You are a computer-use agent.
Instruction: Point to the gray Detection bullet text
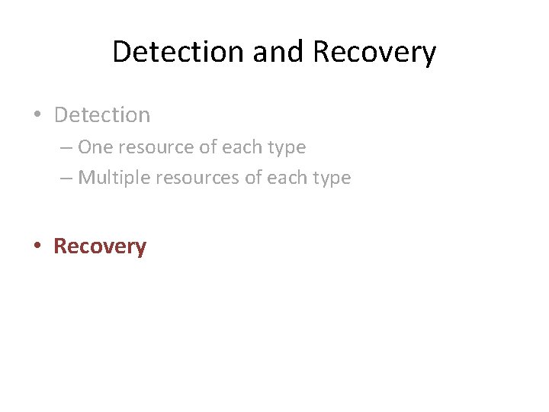[x=102, y=115]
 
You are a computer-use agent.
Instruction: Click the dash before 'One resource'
[x=66, y=147]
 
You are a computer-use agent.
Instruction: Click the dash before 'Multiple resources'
[x=66, y=179]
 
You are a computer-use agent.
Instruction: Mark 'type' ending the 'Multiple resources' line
[x=331, y=179]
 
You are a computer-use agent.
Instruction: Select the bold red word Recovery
[x=100, y=246]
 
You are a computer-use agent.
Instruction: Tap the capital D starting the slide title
[x=120, y=52]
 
